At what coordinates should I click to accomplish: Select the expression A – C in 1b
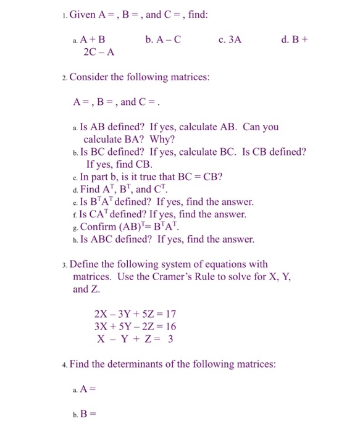click(x=163, y=39)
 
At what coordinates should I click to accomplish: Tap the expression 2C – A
click(x=99, y=52)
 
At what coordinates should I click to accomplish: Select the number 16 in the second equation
click(x=169, y=326)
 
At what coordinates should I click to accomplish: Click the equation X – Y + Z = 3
click(x=135, y=339)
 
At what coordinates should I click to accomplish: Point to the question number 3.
click(x=65, y=265)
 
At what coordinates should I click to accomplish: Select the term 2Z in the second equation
click(x=146, y=326)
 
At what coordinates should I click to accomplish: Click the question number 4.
click(x=65, y=365)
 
